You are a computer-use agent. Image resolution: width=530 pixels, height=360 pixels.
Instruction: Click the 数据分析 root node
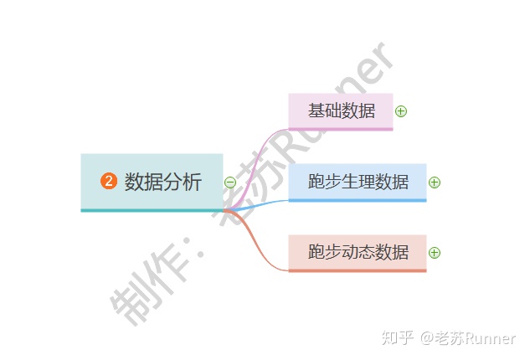[152, 182]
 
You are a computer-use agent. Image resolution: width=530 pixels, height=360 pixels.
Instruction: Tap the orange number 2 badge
[108, 182]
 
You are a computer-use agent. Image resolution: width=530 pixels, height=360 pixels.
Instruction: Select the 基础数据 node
[341, 111]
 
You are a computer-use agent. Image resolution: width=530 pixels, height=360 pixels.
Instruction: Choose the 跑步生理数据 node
[358, 182]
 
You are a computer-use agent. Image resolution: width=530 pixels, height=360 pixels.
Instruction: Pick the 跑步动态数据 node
[358, 252]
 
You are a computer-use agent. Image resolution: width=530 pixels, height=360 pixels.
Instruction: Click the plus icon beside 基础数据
[400, 111]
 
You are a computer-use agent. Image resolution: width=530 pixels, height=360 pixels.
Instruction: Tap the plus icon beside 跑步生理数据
[434, 183]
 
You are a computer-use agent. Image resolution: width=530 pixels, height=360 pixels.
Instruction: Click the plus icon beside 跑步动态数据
[434, 253]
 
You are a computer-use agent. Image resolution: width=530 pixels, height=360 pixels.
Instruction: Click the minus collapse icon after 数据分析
[230, 183]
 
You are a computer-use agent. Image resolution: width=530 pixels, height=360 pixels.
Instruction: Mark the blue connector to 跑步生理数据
[264, 203]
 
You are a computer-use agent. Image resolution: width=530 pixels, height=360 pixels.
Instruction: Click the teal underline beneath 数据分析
[152, 210]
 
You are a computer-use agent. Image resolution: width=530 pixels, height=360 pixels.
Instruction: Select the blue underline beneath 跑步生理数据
[358, 201]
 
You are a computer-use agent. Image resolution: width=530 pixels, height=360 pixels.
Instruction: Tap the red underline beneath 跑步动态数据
[358, 270]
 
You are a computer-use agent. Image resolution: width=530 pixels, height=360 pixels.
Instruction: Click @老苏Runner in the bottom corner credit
[468, 338]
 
